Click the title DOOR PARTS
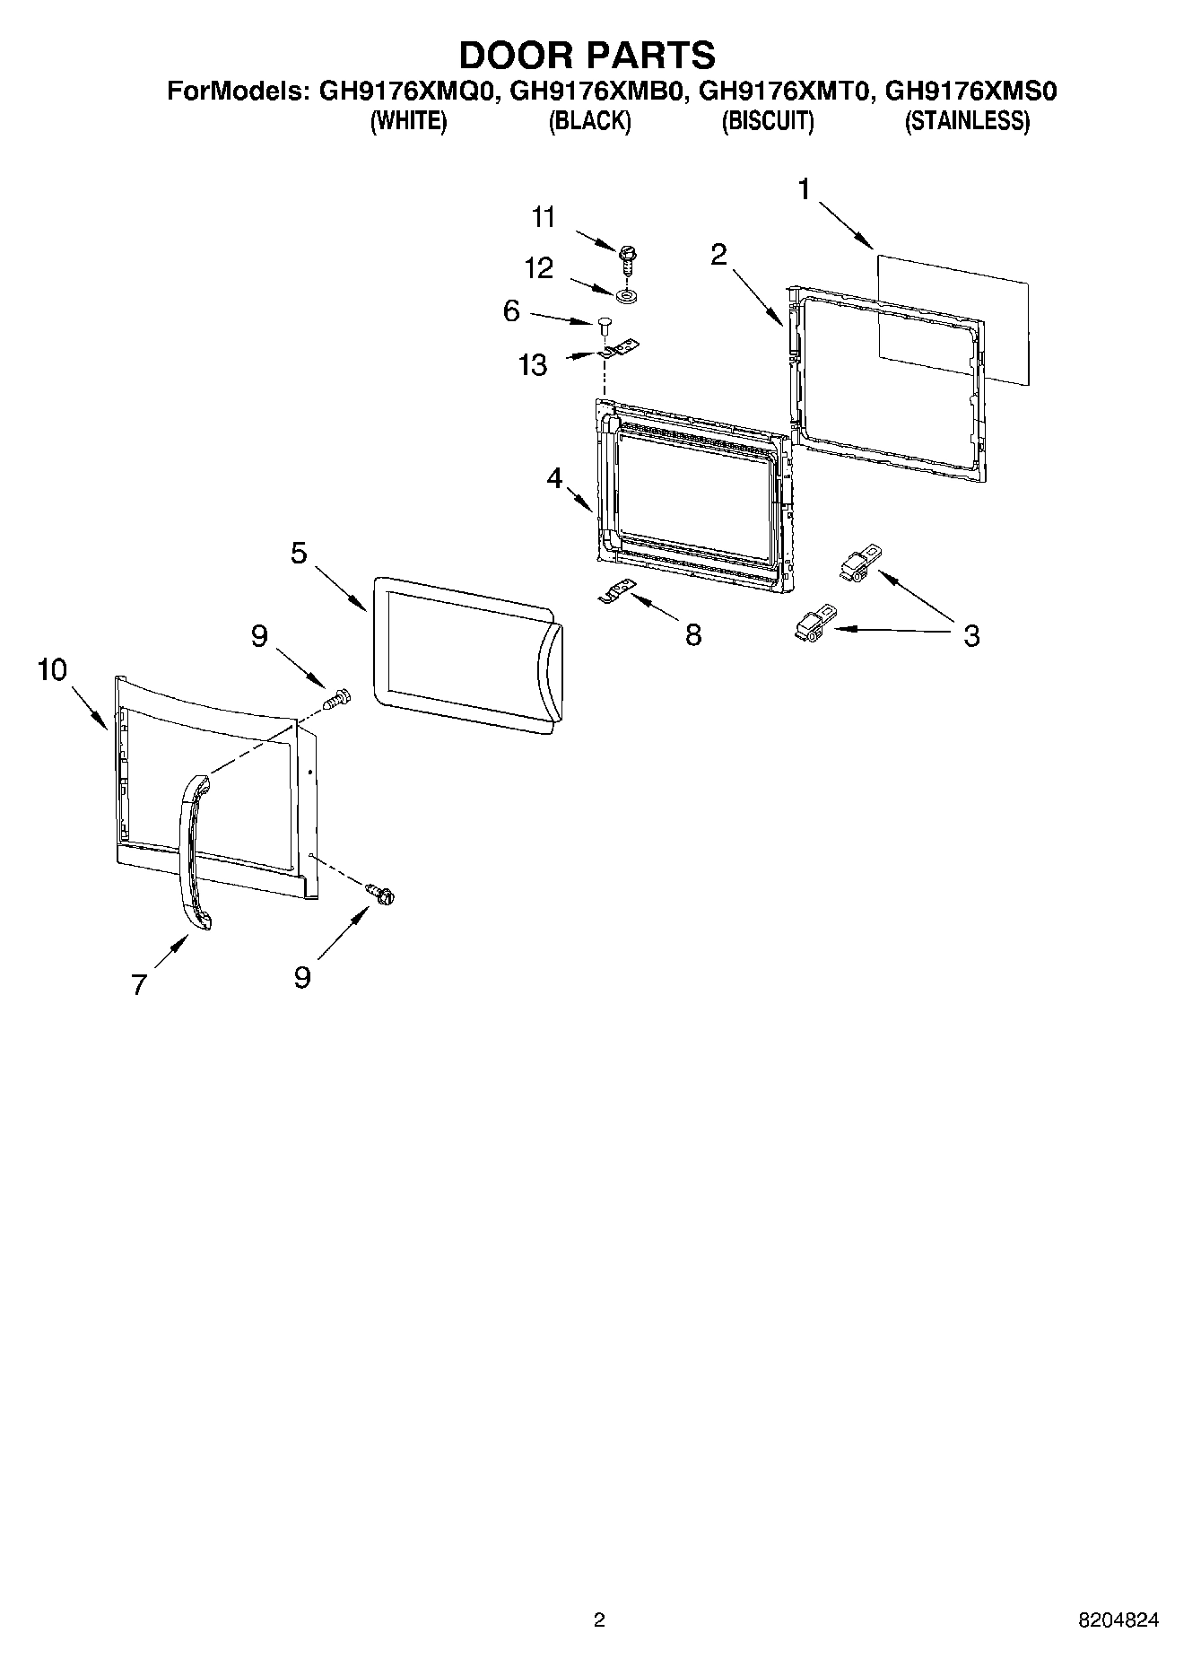(x=587, y=55)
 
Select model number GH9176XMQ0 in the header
(x=403, y=92)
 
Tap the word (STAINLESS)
(x=967, y=121)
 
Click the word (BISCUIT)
(x=768, y=121)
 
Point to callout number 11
(x=544, y=218)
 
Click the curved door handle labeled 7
(x=194, y=852)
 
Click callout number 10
(x=52, y=669)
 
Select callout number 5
(x=299, y=554)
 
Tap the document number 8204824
(x=1118, y=1620)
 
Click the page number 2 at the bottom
(x=599, y=1620)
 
